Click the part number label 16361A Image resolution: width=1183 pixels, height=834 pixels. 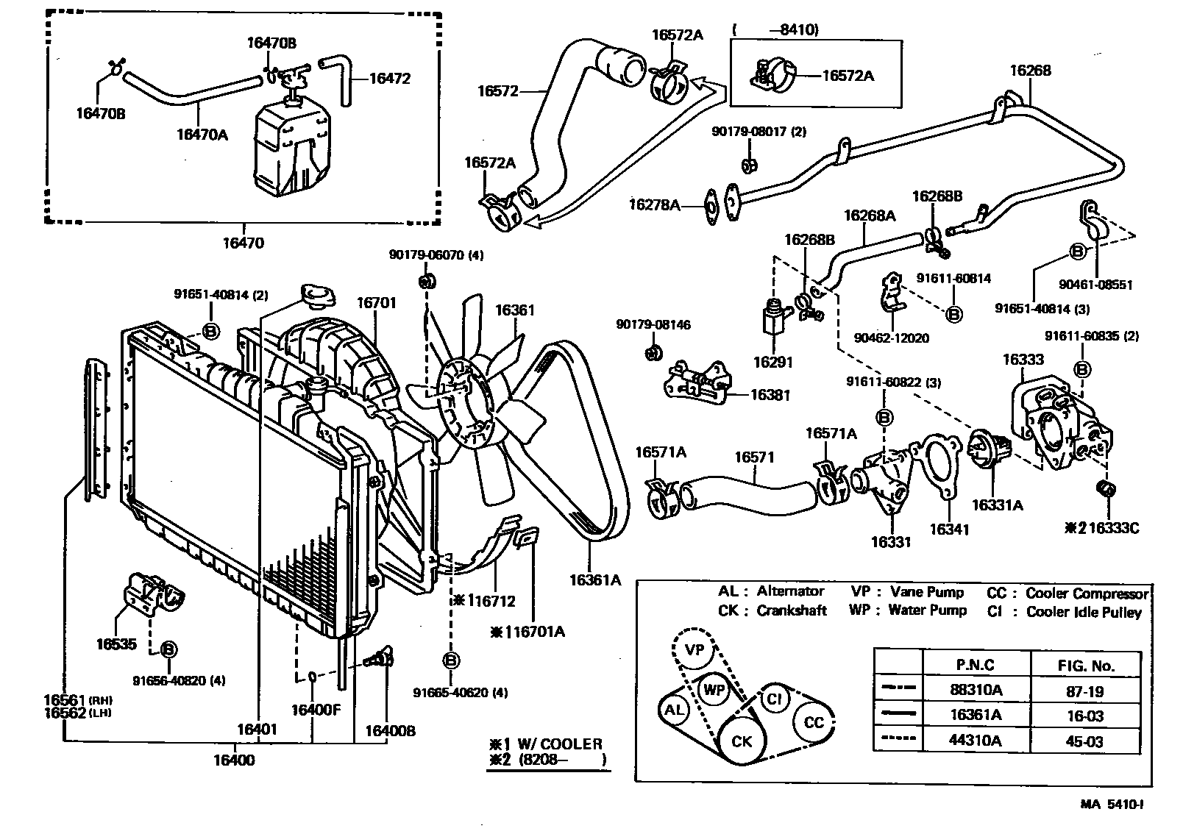coord(594,580)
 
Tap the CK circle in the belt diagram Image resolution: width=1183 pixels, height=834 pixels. coord(742,741)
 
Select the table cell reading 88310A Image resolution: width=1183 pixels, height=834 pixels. coord(976,691)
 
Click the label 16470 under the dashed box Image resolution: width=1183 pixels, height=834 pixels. coord(243,243)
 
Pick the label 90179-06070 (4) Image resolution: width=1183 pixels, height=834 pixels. coord(436,255)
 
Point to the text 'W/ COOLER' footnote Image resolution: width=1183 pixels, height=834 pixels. coord(560,744)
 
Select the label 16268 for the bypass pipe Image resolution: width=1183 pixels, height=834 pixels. coord(1030,71)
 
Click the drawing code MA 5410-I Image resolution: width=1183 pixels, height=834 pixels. coord(1111,804)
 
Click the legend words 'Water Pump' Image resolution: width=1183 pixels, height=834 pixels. coord(927,610)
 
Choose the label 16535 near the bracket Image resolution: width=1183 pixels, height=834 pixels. coord(116,644)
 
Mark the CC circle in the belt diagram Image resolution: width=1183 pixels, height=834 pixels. coord(814,722)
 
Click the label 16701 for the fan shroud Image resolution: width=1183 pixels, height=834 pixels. coord(376,302)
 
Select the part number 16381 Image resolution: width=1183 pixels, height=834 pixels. coord(770,395)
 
